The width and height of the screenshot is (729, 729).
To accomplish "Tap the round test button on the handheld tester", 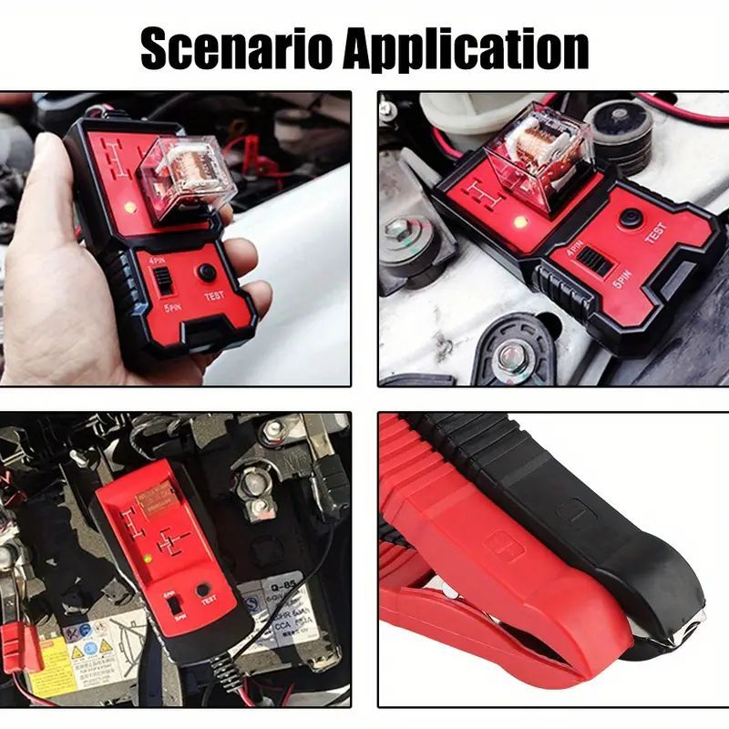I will click(x=208, y=272).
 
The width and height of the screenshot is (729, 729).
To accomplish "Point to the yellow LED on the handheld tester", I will click(x=130, y=207).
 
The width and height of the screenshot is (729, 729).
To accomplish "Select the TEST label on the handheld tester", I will click(x=214, y=296).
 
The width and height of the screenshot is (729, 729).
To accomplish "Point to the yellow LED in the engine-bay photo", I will click(x=519, y=221).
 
